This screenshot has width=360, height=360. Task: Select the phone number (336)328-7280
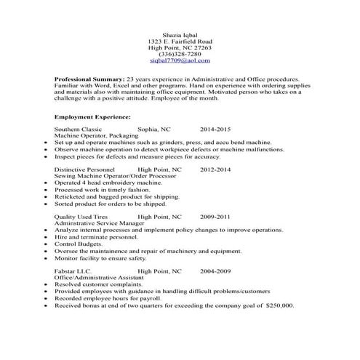coord(180,54)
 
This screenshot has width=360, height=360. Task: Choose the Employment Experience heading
coord(92,116)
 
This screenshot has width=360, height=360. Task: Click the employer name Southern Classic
coord(79,128)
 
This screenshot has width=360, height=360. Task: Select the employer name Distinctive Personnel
coord(87,169)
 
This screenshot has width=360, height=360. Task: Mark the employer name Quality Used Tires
coord(81,217)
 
